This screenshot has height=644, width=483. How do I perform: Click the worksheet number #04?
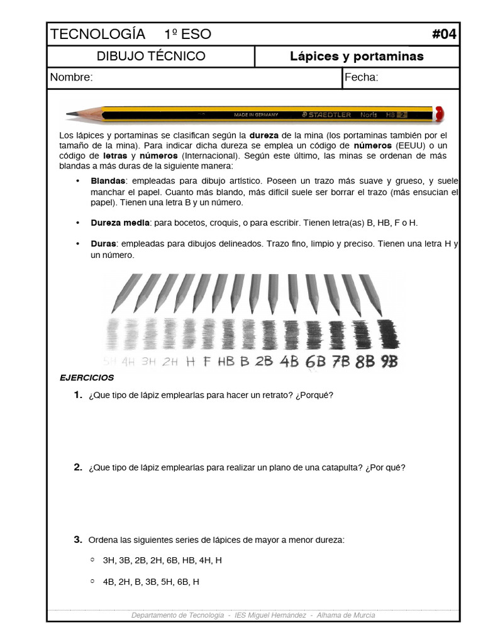(x=444, y=34)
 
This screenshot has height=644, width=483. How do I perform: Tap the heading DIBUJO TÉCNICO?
(x=151, y=56)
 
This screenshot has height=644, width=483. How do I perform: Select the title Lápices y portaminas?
(x=357, y=57)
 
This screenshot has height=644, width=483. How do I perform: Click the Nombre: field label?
(x=72, y=77)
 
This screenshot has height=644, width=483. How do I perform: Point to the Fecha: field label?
(x=361, y=77)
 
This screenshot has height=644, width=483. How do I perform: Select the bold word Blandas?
(x=108, y=180)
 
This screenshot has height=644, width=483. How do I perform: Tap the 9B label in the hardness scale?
(x=389, y=362)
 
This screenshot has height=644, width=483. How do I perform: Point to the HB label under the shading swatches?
(x=226, y=362)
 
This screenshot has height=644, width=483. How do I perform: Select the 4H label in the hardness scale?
(x=129, y=362)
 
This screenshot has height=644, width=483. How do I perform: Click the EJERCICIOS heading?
(x=87, y=378)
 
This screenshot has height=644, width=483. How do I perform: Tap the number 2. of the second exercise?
(x=78, y=467)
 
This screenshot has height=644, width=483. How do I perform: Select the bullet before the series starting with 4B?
(x=92, y=581)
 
